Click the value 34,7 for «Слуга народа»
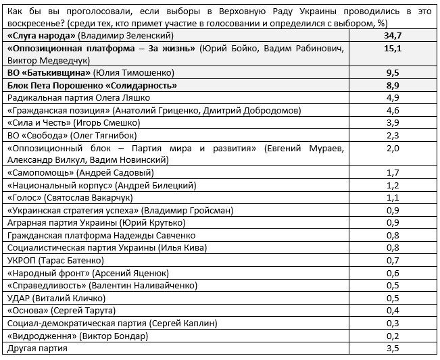(x=393, y=34)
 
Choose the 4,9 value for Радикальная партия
(x=393, y=98)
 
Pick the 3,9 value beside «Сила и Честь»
(x=393, y=122)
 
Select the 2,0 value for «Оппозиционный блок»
(x=393, y=147)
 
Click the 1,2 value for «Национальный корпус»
(x=393, y=185)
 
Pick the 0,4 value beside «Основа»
(x=393, y=309)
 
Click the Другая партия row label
(x=37, y=348)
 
